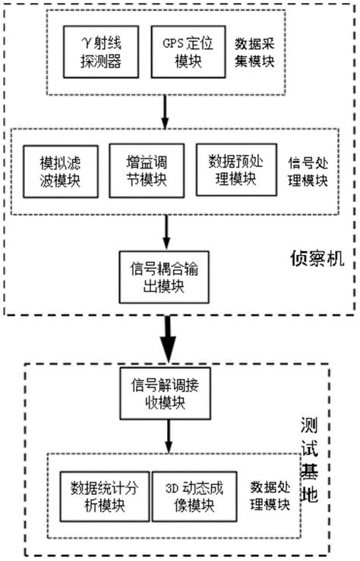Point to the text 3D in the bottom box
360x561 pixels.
click(x=168, y=487)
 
